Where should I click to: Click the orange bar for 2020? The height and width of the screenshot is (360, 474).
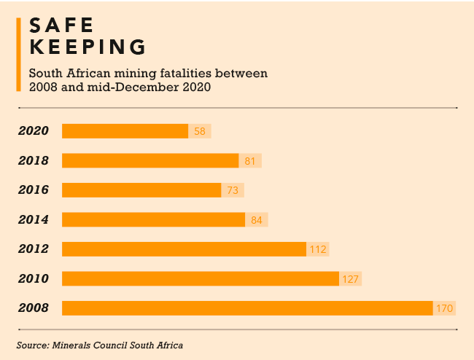125,131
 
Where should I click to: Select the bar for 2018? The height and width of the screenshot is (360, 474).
150,160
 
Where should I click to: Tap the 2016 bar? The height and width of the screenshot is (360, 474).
141,190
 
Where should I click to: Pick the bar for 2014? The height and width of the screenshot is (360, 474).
153,219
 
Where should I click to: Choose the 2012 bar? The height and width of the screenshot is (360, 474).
184,249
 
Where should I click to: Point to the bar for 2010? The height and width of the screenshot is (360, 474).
201,278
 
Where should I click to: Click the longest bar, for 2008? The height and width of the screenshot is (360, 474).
247,308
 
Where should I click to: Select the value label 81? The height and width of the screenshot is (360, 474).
250,161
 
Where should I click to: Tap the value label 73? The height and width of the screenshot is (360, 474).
233,190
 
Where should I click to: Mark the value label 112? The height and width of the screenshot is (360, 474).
317,249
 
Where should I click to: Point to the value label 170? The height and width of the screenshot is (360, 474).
445,309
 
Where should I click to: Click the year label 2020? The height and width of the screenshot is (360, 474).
34,131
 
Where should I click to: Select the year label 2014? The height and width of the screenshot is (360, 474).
34,219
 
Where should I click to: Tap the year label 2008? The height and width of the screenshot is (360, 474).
34,308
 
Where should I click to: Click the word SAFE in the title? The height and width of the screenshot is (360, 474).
61,25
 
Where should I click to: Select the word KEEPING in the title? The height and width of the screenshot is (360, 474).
87,47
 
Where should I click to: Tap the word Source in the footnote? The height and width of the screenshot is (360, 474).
31,345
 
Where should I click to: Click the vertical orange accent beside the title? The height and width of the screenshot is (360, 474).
18,55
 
